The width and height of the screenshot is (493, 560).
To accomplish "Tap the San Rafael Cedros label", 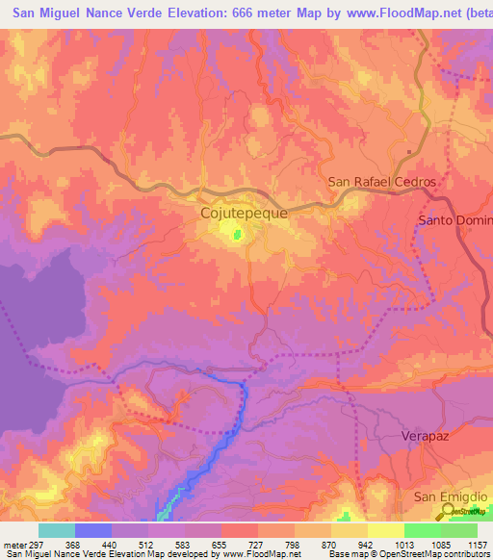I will [382, 182].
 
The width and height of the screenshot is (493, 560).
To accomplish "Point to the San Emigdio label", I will [446, 496].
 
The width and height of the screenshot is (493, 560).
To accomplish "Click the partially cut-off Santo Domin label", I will [454, 220].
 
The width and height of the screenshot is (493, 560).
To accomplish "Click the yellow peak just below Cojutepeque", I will [234, 231].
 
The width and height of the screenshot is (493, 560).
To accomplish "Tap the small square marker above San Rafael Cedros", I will [409, 153].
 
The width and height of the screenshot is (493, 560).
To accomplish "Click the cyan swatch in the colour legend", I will [57, 530].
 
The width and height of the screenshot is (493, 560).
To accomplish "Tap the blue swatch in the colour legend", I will [93, 530].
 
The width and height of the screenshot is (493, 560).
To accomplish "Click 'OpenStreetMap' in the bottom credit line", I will [390, 553].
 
